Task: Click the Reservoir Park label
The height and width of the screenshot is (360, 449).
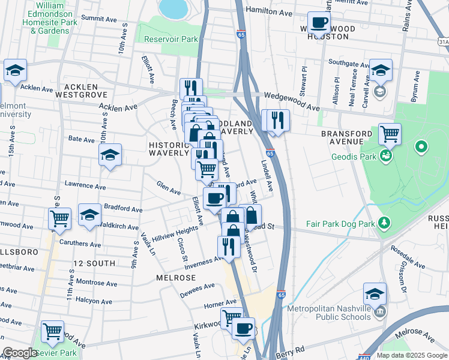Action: tap(171, 40)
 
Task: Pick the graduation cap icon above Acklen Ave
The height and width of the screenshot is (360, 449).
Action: tap(15, 71)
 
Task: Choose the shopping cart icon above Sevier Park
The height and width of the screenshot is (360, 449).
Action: tap(52, 331)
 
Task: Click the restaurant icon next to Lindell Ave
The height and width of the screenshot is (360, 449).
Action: tap(276, 119)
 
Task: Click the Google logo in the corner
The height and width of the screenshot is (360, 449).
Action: tap(20, 353)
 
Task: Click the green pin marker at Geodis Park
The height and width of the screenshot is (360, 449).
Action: tap(421, 146)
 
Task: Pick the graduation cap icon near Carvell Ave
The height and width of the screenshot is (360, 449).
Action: tap(381, 70)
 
